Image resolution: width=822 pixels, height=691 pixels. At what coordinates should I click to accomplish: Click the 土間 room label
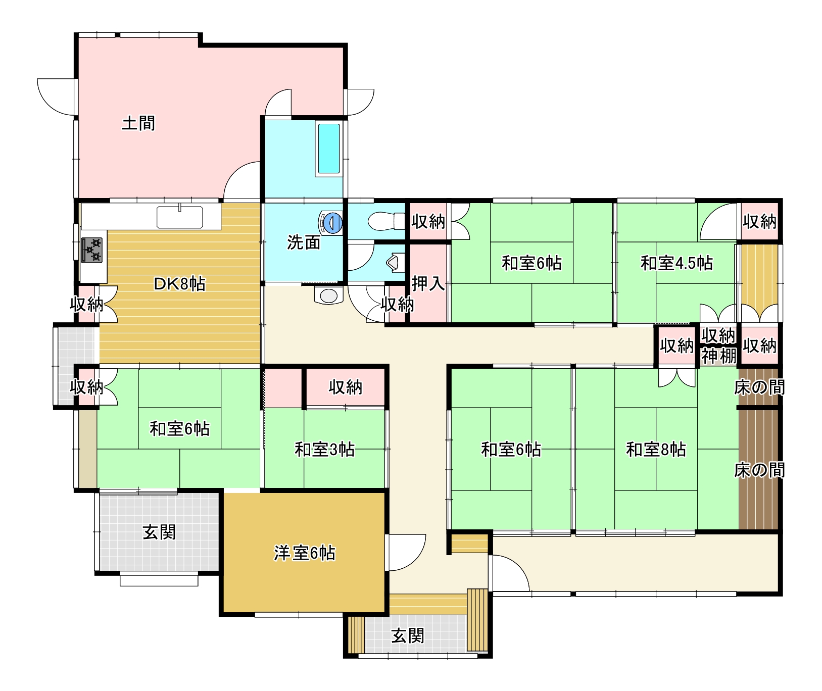(138, 123)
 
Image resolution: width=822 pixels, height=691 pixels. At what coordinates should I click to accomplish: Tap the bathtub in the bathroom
(328, 149)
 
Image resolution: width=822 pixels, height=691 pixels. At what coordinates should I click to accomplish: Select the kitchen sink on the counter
(180, 217)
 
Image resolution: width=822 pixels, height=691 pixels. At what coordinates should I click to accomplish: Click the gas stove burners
(92, 250)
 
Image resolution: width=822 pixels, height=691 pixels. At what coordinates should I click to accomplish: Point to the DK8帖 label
(180, 284)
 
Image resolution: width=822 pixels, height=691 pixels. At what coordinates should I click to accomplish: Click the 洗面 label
(304, 242)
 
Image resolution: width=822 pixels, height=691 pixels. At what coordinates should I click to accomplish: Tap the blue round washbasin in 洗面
(331, 223)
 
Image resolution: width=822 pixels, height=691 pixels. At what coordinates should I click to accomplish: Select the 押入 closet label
(428, 284)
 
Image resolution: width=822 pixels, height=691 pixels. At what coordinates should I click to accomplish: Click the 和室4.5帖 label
(676, 263)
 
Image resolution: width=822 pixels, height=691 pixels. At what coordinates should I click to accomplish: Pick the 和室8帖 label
(656, 450)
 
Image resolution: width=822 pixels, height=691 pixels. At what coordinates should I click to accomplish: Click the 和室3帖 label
(325, 450)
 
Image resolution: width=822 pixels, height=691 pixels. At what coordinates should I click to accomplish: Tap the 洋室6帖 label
(305, 554)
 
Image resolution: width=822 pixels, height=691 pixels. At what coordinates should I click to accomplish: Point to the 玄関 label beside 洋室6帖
(159, 532)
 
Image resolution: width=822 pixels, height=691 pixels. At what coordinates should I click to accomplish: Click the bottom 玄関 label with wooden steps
(408, 635)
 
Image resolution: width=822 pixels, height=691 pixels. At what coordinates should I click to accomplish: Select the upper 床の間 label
(759, 388)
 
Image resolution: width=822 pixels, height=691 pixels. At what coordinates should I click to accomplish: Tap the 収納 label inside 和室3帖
(346, 387)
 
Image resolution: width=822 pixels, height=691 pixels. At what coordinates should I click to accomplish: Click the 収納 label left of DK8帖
(86, 304)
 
